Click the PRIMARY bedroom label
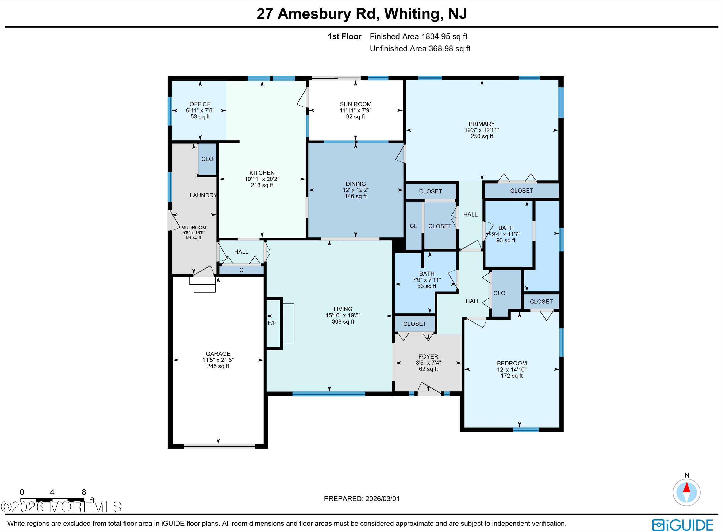pos(482,124)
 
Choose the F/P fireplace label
pos(272,323)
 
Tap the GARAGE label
pos(218,353)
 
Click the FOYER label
pos(428,356)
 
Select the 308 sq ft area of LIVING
pos(343,321)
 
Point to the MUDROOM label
pos(194,228)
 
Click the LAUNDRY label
pos(203,195)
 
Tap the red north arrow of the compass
pos(687,488)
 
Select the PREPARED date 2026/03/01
pos(382,499)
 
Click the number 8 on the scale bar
pos(84,492)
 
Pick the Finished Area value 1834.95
pos(436,37)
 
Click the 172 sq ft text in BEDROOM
pos(512,375)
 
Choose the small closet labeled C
pos(241,270)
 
